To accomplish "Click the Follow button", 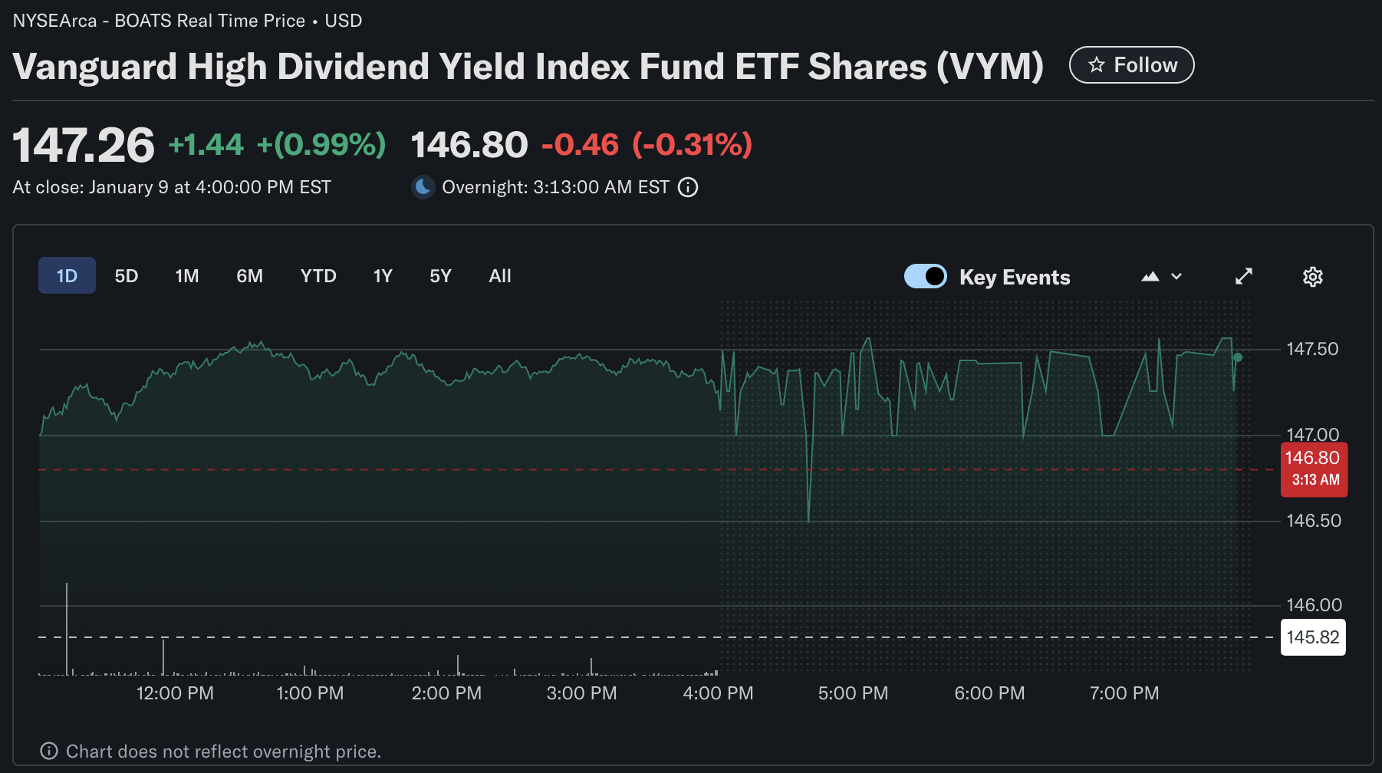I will click(1131, 65).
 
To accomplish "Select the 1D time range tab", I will click(67, 276).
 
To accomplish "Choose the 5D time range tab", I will click(127, 276).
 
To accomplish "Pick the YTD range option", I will click(318, 276).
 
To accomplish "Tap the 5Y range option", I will click(440, 276).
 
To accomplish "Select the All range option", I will click(500, 276).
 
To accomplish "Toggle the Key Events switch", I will click(926, 276).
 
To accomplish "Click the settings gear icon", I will click(1312, 277).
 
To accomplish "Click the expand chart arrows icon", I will click(1244, 276).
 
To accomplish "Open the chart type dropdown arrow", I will click(1176, 277).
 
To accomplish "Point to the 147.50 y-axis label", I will click(1312, 349).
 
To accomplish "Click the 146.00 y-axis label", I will click(1314, 605).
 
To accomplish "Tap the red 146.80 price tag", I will click(1314, 469).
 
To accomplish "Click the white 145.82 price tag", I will click(1313, 637).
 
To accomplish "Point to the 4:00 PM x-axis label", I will click(718, 693).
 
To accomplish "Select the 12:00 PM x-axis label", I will click(175, 693).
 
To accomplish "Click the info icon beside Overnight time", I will click(688, 187).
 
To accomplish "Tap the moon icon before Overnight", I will click(423, 187).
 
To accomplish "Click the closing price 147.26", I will click(84, 145).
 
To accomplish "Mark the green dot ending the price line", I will click(1238, 357).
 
